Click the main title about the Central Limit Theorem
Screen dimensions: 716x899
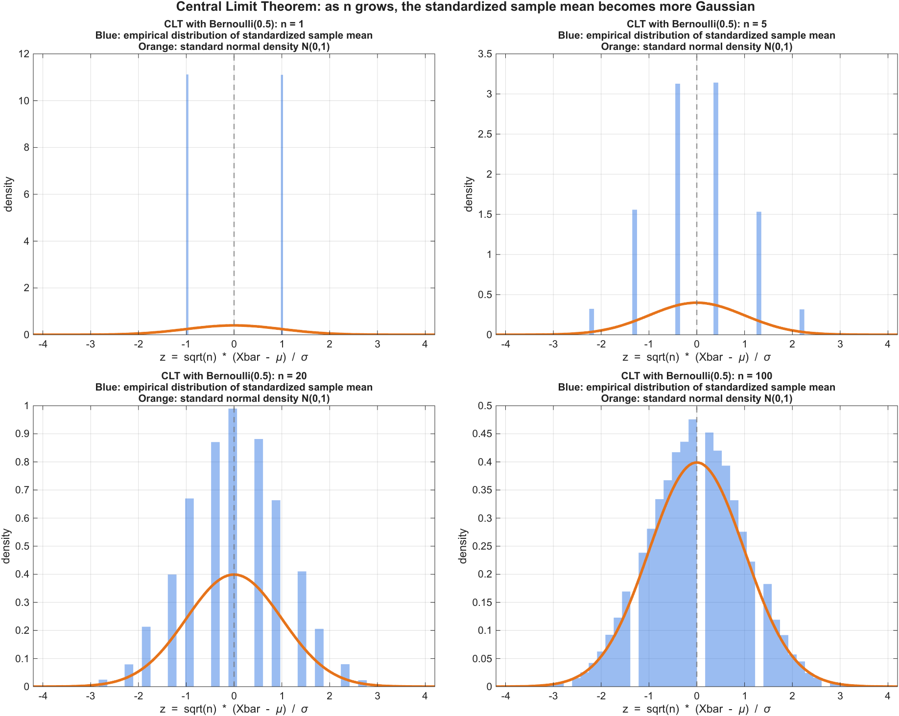(x=465, y=7)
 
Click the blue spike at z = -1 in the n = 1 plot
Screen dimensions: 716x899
(x=187, y=206)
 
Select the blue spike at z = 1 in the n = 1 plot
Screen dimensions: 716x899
(x=282, y=206)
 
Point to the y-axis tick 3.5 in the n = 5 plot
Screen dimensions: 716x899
(x=485, y=54)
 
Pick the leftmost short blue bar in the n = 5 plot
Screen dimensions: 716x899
(x=591, y=322)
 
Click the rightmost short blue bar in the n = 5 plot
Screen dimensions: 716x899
(x=802, y=322)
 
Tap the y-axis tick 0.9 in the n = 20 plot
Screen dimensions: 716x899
(x=23, y=434)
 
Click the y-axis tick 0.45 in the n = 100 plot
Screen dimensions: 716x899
(x=482, y=434)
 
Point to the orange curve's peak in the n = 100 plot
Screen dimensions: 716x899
(x=697, y=462)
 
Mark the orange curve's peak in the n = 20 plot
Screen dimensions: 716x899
(x=234, y=575)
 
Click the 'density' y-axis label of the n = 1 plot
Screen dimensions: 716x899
(x=8, y=194)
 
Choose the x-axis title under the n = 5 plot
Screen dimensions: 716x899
(x=696, y=357)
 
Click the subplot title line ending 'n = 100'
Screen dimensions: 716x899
(x=696, y=376)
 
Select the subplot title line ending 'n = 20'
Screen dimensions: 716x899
(x=234, y=376)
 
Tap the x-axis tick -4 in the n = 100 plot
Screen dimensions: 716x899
(x=505, y=696)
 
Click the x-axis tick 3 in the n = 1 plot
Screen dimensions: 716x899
(x=377, y=344)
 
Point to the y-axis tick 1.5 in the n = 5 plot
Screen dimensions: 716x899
(x=485, y=214)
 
